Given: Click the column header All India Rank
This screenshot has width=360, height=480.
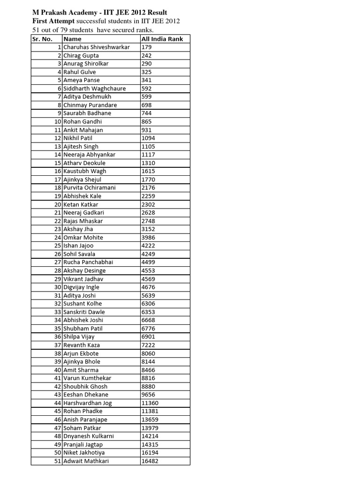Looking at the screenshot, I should coord(162,39).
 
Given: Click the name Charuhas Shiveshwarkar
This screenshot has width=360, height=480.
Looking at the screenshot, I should coord(97,47).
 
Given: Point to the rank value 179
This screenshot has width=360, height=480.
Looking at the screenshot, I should coord(146,47).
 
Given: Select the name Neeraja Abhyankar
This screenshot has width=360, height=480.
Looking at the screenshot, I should coord(90,155).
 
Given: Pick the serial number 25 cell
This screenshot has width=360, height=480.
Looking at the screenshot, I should coord(58,246).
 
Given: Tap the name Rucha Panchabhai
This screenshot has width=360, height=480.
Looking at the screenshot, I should coord(88,262).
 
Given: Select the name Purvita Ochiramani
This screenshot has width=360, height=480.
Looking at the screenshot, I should coord(90,187).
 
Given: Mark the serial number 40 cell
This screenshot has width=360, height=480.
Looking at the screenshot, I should coord(58,370).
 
